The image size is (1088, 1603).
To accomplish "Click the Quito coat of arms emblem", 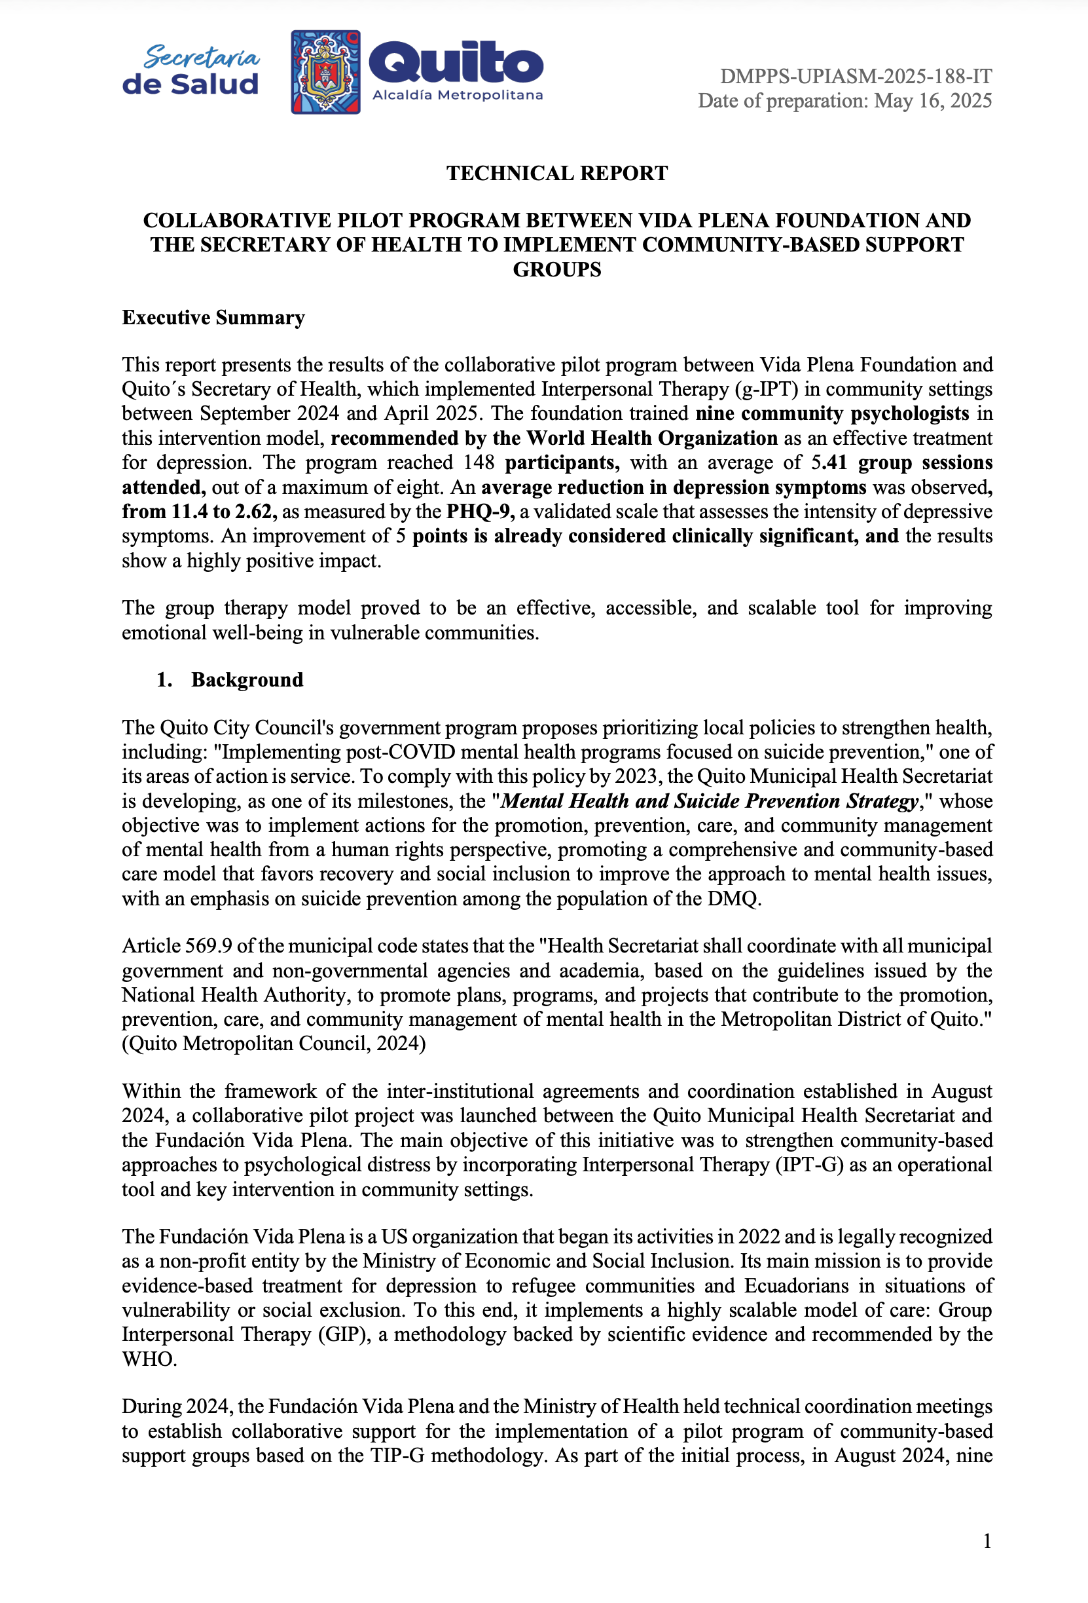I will (325, 72).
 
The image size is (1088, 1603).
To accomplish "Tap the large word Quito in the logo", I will (456, 64).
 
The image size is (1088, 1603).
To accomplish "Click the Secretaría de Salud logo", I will (190, 70).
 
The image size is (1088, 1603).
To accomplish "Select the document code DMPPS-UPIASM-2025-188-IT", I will (856, 76).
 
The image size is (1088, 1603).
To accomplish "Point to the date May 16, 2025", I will (933, 101).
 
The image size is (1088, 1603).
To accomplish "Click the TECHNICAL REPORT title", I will (556, 173).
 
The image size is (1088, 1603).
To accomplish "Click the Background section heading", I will (247, 679).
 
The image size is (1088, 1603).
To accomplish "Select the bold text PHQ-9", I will (480, 511).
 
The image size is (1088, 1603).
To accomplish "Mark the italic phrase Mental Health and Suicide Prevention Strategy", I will (710, 801).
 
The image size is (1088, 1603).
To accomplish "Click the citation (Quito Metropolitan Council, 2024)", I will (274, 1043).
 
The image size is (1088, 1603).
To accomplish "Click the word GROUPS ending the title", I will (556, 270).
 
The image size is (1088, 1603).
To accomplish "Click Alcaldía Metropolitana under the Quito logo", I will (457, 95).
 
